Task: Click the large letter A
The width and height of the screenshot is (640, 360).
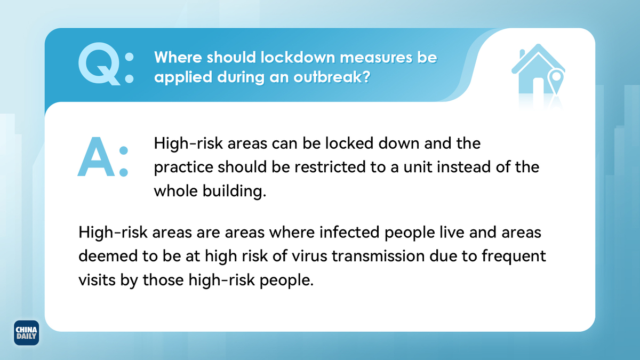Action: (96, 157)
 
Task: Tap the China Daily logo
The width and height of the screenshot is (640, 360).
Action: (26, 333)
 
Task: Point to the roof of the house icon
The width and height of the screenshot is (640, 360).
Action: (538, 57)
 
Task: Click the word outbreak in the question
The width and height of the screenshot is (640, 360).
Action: (332, 77)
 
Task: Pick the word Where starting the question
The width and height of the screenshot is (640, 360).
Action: (178, 57)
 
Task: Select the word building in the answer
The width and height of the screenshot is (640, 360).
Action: (234, 191)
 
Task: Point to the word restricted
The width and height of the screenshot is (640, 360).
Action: (330, 167)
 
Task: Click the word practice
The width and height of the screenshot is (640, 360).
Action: (183, 167)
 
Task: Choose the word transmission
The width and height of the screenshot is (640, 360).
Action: (378, 255)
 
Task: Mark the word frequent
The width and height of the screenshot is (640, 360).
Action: (514, 257)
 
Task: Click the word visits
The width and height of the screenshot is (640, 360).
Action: (97, 279)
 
